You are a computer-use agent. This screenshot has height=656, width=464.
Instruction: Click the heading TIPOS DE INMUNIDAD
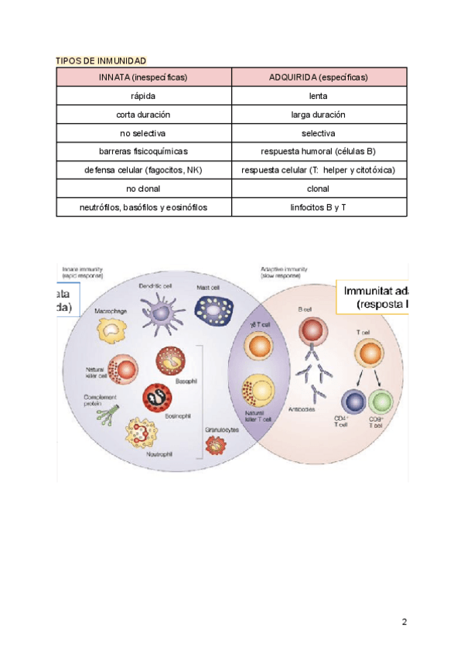click(101, 60)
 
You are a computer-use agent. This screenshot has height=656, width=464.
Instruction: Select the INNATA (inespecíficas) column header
click(143, 77)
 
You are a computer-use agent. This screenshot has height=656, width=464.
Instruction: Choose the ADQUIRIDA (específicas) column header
click(318, 77)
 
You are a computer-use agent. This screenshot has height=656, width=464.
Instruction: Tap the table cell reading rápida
click(143, 96)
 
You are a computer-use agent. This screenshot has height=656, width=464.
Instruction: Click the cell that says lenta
click(318, 96)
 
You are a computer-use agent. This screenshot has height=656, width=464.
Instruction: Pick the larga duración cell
click(318, 114)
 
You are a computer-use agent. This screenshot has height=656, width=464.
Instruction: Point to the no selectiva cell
click(143, 133)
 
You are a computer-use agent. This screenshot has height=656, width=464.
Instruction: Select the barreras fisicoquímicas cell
click(143, 152)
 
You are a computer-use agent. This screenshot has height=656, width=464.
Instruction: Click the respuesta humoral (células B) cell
click(318, 152)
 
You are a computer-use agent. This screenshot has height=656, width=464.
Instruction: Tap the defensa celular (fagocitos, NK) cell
click(143, 170)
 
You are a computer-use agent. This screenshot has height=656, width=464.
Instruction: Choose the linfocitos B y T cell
click(318, 207)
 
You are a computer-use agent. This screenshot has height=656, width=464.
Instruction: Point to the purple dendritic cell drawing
click(161, 313)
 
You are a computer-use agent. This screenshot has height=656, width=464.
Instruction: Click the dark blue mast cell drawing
click(213, 311)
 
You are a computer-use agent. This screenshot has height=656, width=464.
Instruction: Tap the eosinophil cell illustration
click(157, 397)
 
